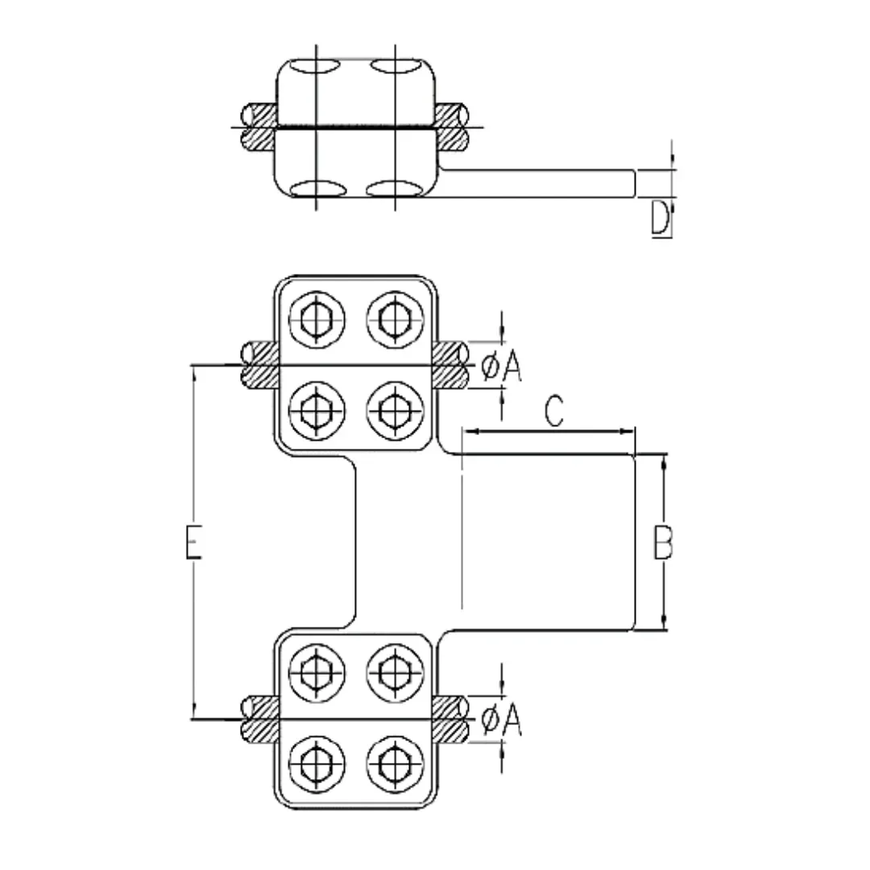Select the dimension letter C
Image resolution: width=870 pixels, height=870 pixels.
pyautogui.click(x=553, y=411)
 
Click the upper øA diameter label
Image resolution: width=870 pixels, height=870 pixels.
pyautogui.click(x=502, y=367)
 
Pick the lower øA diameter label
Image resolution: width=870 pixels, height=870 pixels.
pyautogui.click(x=502, y=719)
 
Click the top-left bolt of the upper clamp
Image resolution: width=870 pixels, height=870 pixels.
pyautogui.click(x=317, y=320)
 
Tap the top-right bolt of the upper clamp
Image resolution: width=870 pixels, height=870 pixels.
pyautogui.click(x=395, y=320)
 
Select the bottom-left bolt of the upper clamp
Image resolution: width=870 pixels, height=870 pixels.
pyautogui.click(x=317, y=410)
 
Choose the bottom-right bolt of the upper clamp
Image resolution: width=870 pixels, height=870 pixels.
pyautogui.click(x=395, y=410)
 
